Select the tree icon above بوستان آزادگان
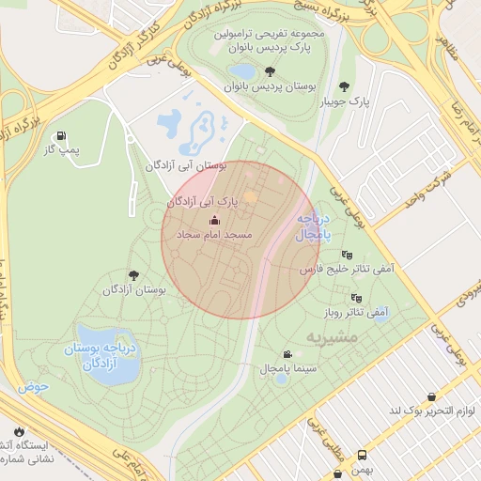click(x=133, y=275)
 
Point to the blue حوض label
click(x=32, y=386)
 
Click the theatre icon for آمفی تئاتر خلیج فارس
click(x=348, y=255)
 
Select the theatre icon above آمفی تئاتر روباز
click(x=356, y=298)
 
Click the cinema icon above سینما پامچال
click(x=287, y=355)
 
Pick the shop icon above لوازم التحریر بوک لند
click(x=430, y=397)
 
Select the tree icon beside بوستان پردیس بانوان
click(x=270, y=70)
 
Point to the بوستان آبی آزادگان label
click(x=185, y=165)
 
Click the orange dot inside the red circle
click(x=250, y=196)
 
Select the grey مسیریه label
click(x=330, y=334)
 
